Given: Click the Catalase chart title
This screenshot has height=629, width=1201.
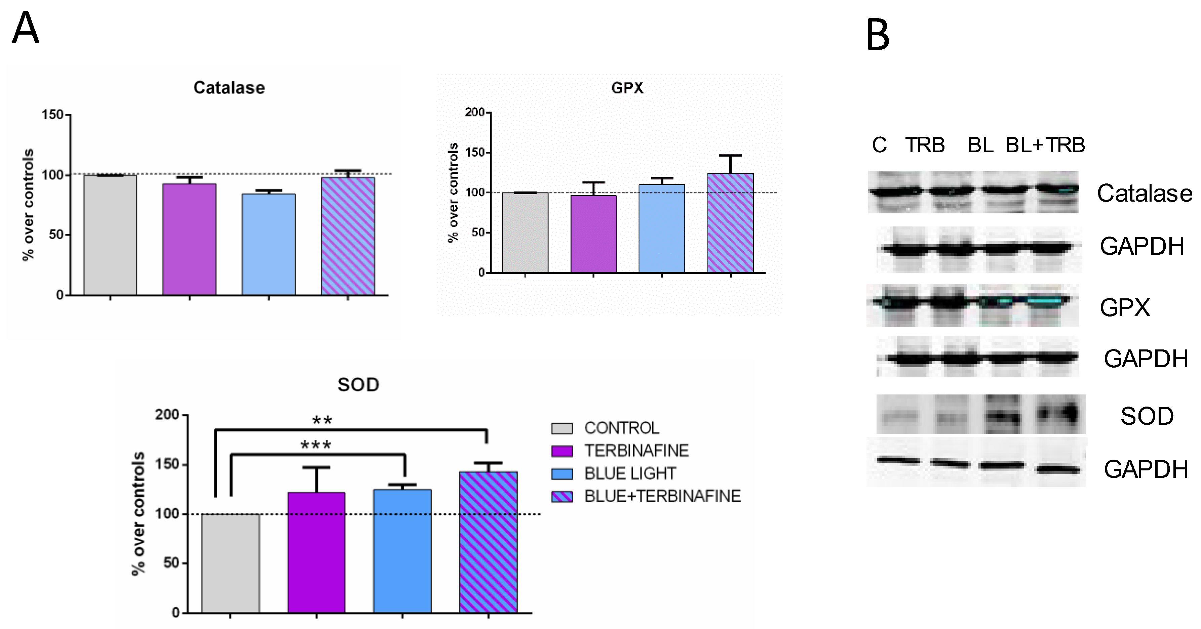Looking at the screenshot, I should [x=229, y=88].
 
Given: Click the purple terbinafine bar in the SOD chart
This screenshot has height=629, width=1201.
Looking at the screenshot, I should [x=317, y=552].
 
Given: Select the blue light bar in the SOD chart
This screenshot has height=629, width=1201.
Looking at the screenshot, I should [x=402, y=551].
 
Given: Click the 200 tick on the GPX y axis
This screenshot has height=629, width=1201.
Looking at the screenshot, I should [x=475, y=112].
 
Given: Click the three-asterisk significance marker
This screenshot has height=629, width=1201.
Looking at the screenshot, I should [x=316, y=445].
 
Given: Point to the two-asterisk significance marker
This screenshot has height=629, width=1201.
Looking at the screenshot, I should [x=322, y=421].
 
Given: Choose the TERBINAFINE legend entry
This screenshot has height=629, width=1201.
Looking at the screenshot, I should [x=636, y=451].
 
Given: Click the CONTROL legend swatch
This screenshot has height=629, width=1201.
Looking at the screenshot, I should [x=562, y=428].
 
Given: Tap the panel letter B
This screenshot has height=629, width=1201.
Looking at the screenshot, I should [x=878, y=35].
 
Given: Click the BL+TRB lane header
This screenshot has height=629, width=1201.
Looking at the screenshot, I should [x=1045, y=145].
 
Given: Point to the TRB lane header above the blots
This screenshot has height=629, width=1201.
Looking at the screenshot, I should [x=925, y=145].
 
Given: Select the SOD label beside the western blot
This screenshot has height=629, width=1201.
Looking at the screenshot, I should [x=1147, y=416].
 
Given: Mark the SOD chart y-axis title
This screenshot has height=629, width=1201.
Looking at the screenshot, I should [x=139, y=513].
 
